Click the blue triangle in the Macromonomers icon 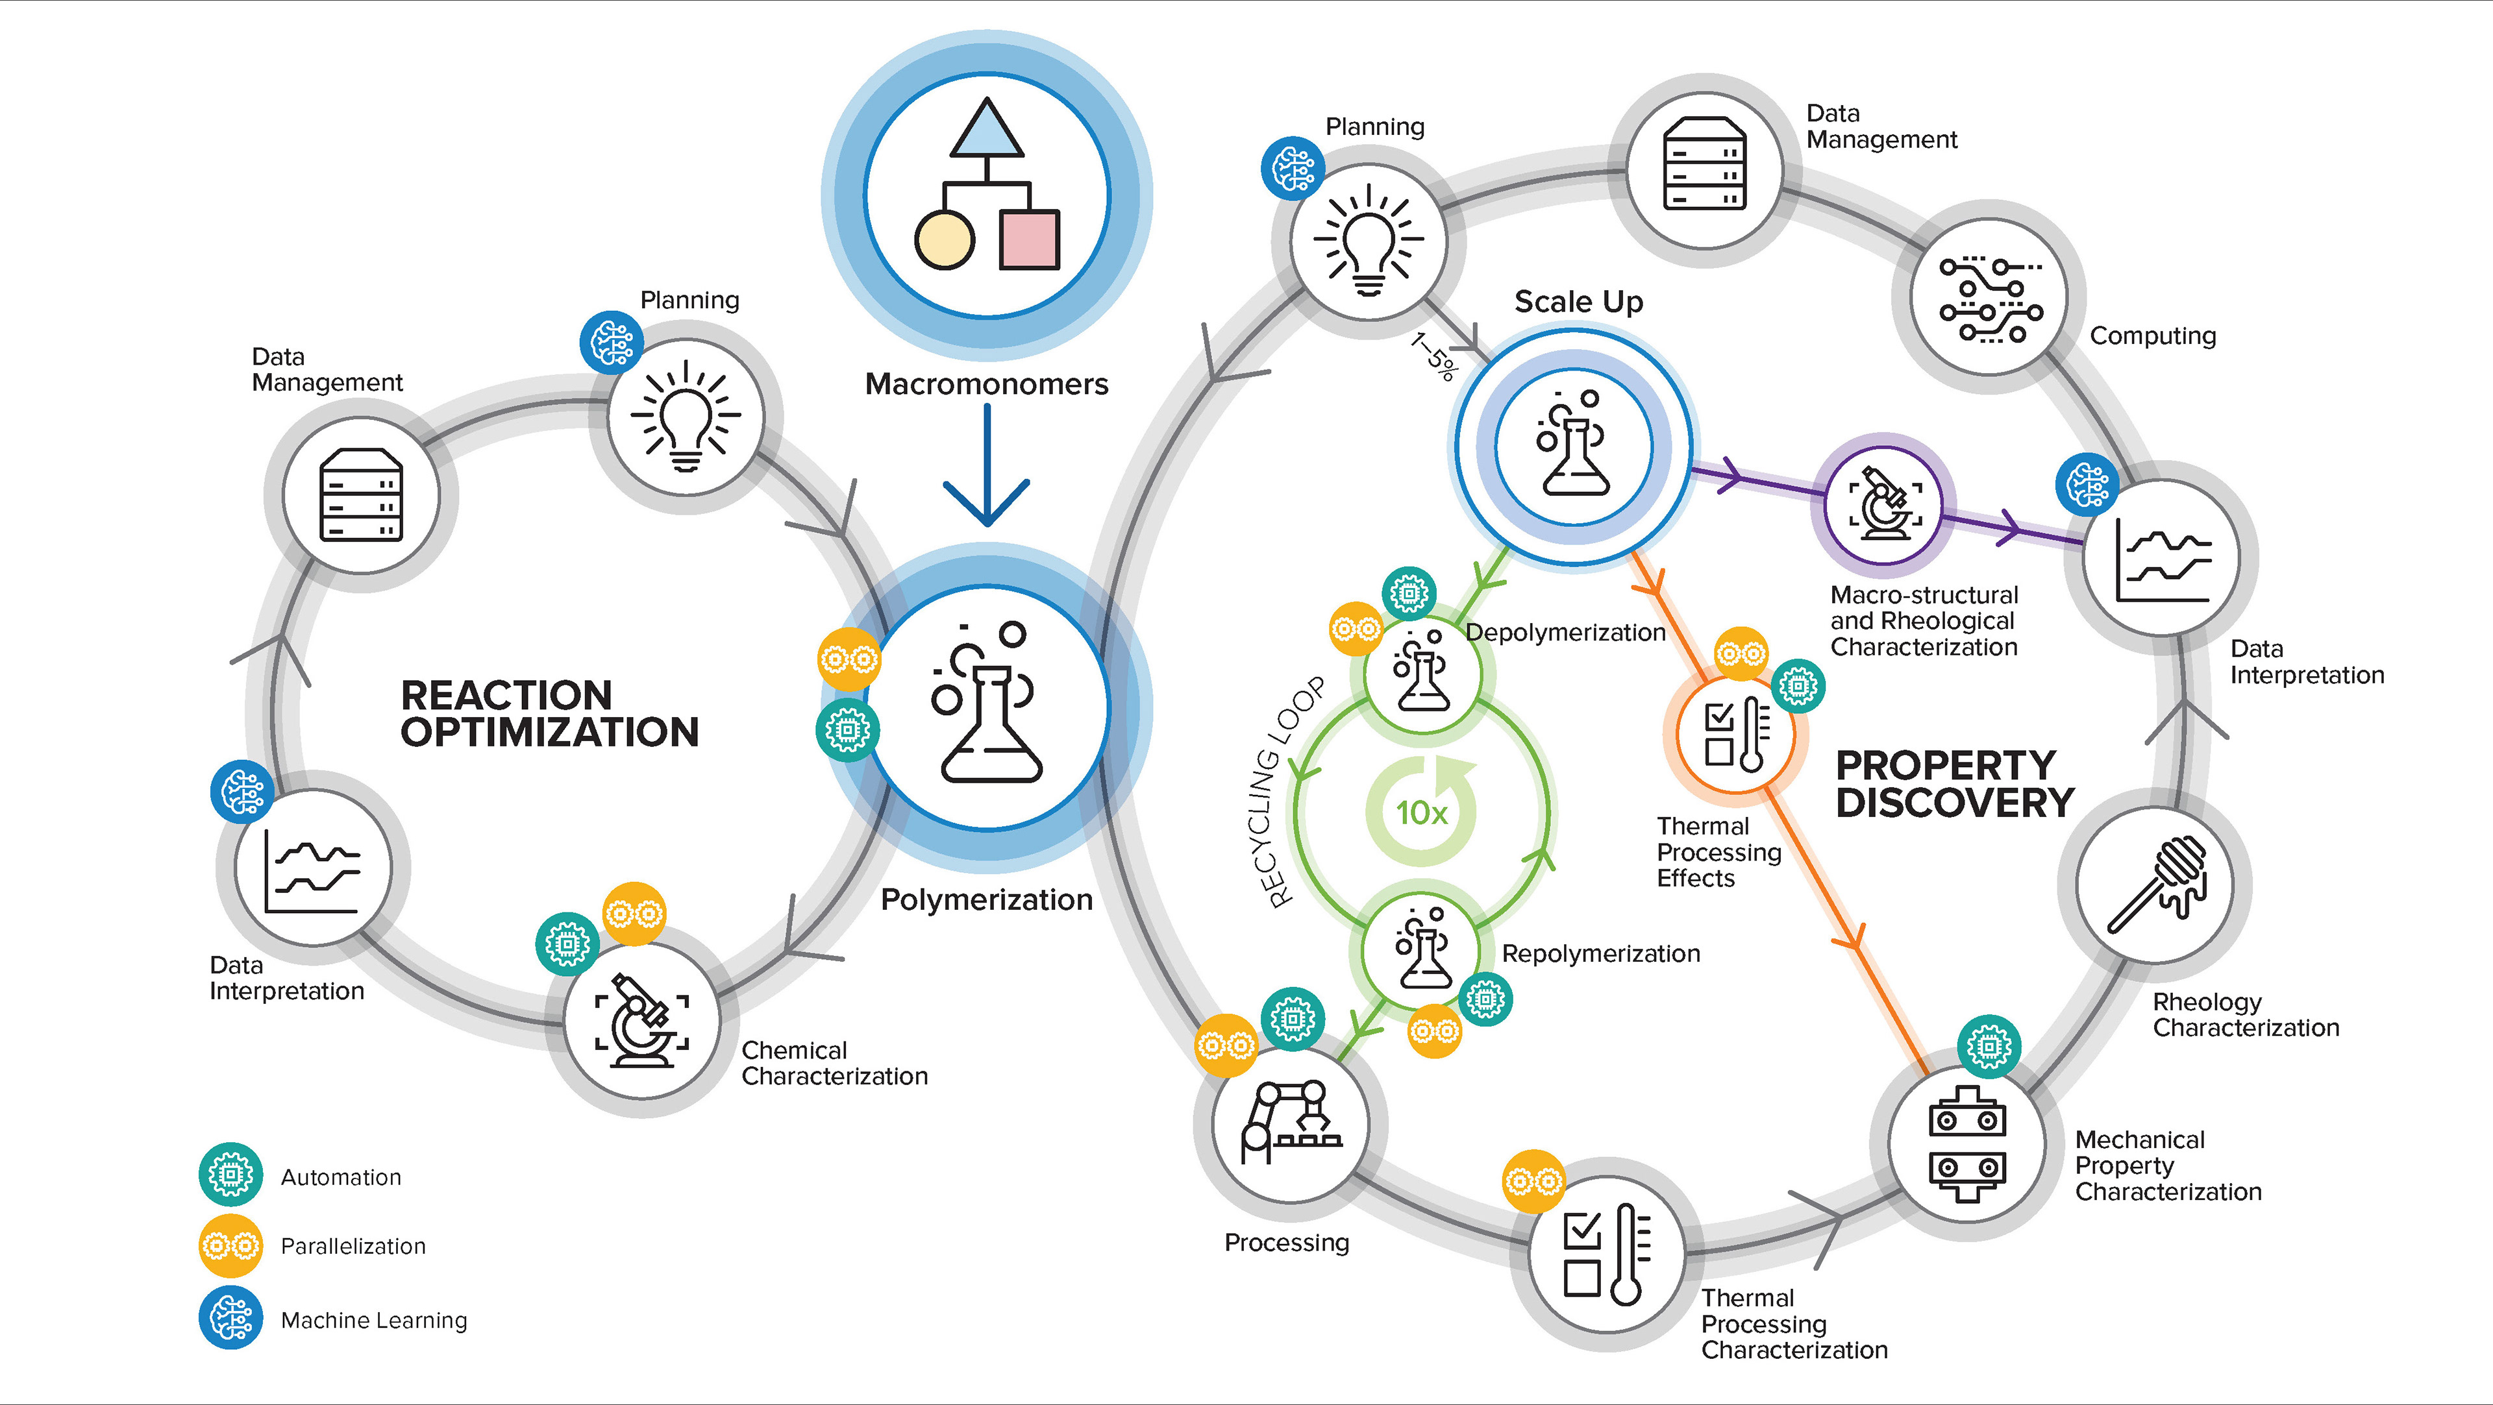986,130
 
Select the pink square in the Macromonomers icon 1030,240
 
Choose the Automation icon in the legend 230,1175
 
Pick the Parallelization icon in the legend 230,1245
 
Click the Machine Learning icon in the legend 230,1318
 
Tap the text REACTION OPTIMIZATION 549,713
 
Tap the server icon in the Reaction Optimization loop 361,495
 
